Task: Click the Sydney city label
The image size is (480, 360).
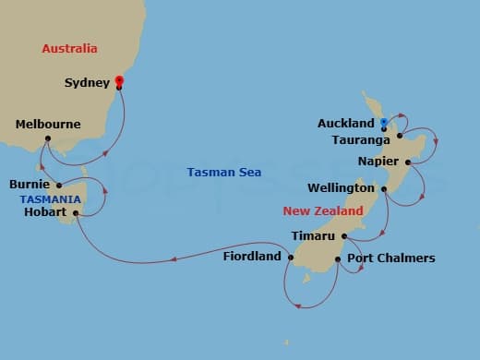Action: pos(88,82)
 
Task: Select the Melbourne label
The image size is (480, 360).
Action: pos(48,124)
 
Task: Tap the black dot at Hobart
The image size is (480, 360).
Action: pos(77,213)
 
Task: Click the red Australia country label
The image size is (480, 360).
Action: pos(70,48)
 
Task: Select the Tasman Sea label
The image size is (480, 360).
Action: pos(223,172)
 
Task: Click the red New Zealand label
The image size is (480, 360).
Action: pos(323,210)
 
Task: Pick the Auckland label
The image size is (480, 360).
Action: pos(346,122)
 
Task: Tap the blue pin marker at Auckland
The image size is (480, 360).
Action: pos(383,123)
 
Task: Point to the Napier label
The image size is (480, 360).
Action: pos(379,162)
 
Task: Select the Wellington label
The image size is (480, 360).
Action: pos(342,188)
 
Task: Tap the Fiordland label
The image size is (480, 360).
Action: pos(252,257)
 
